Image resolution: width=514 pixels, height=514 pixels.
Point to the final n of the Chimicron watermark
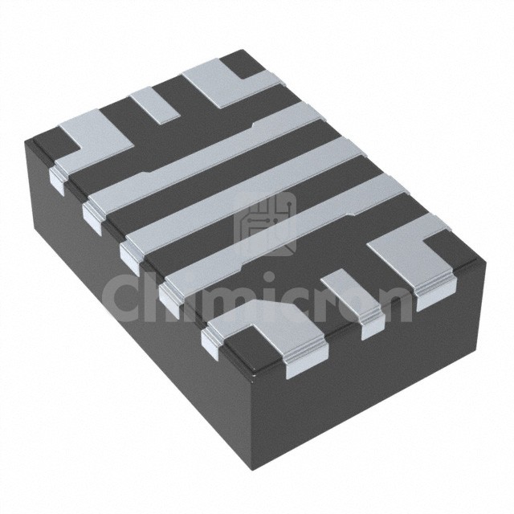[394, 303]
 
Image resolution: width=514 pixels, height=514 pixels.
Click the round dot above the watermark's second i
[268, 278]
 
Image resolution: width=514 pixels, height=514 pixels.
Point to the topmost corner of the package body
[243, 50]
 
